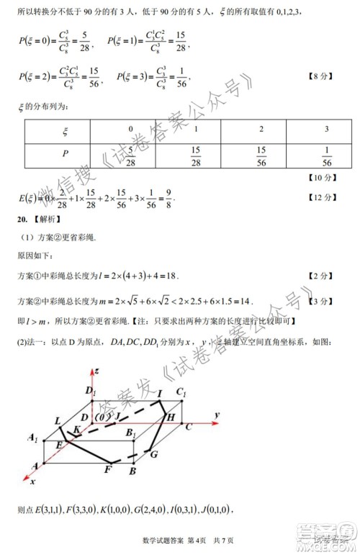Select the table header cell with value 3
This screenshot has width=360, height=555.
click(x=327, y=129)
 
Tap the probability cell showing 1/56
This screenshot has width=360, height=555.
click(x=327, y=155)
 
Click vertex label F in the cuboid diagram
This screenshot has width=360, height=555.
click(x=107, y=470)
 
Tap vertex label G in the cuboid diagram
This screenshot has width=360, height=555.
click(x=153, y=454)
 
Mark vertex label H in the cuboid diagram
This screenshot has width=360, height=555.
click(x=171, y=418)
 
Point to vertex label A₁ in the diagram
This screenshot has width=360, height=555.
click(x=32, y=438)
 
